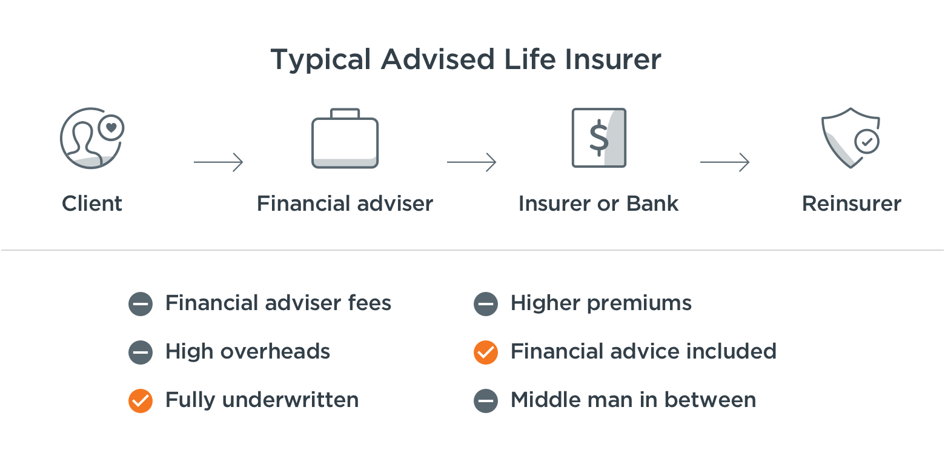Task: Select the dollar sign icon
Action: point(598,137)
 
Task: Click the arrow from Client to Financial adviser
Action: point(219,162)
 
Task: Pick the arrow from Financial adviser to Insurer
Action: point(472,162)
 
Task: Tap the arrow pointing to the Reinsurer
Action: point(724,162)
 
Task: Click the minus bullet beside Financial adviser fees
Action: point(141,304)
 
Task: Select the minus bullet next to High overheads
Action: point(141,352)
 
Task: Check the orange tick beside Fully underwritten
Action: point(141,401)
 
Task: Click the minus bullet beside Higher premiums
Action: point(486,304)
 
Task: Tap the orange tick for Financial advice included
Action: point(486,352)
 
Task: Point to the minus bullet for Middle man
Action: point(486,401)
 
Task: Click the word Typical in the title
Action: point(320,61)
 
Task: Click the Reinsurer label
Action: point(851,204)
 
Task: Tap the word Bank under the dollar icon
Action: point(652,204)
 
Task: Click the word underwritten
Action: point(290,400)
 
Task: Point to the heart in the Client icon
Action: point(111,127)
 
